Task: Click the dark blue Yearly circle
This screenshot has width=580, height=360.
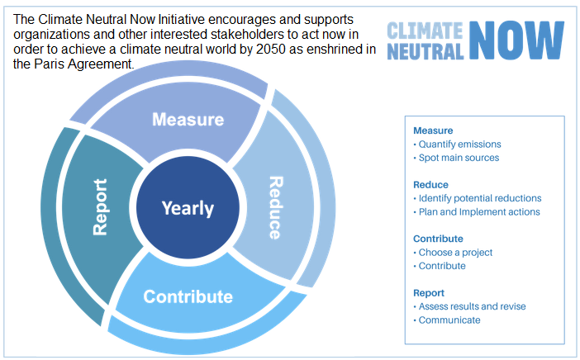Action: tap(188, 208)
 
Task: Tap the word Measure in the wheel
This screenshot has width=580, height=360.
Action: tap(188, 120)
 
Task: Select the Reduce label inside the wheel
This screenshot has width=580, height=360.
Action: tap(276, 208)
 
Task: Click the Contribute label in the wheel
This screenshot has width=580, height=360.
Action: tap(188, 296)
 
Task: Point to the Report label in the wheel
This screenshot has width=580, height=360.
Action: tap(100, 207)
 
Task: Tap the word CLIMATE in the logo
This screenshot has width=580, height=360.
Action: tap(425, 31)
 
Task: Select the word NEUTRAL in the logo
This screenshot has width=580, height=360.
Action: tap(425, 51)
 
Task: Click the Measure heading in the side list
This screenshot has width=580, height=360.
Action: tap(433, 130)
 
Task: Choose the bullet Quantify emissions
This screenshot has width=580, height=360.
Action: tap(457, 144)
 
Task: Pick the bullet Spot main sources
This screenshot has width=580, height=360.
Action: tap(456, 158)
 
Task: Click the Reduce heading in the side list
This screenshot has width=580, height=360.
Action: tap(430, 184)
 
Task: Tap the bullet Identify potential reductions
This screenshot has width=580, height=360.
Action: tap(478, 198)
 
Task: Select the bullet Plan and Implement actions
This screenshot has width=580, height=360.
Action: tap(477, 211)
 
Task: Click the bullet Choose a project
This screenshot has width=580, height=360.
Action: tap(453, 253)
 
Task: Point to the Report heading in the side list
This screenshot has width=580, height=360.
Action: tap(429, 293)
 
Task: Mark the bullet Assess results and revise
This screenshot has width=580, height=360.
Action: tap(469, 306)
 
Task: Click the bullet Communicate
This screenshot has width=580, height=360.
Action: tap(447, 320)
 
